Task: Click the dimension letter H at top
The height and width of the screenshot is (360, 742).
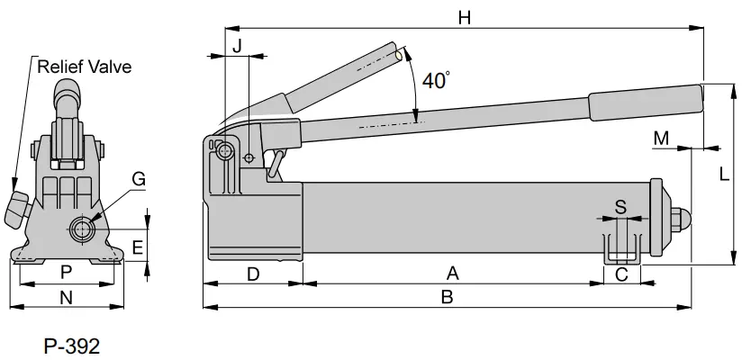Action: pos(464,16)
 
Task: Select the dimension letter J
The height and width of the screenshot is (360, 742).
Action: pos(237,45)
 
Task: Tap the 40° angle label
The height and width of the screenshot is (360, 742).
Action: pos(436,80)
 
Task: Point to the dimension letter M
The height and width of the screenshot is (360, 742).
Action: pos(662,138)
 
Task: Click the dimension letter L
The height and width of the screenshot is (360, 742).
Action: pos(724,175)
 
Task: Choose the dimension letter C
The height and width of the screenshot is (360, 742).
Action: pos(621,274)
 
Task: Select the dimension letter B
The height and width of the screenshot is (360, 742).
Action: pos(447,298)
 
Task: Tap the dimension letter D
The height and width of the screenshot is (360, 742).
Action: pos(253,274)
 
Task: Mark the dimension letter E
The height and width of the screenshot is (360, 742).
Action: pos(137,246)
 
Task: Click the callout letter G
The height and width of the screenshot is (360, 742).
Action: pos(139,179)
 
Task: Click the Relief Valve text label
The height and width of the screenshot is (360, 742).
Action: pos(84,66)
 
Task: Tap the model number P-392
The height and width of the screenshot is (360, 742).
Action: pos(71,345)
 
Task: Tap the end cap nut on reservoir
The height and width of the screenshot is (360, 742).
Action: pos(682,218)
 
